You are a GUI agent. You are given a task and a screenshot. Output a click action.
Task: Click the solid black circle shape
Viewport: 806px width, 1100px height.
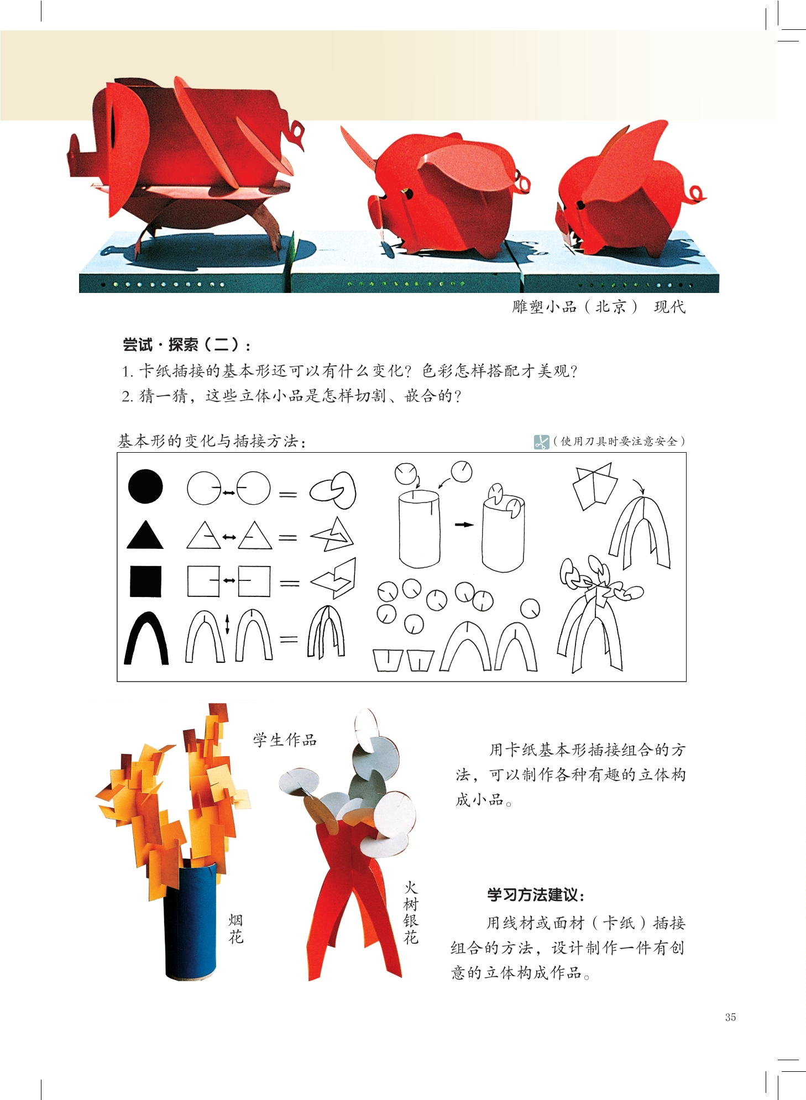pos(145,486)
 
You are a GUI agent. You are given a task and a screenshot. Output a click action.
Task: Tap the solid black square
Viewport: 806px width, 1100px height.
pos(145,582)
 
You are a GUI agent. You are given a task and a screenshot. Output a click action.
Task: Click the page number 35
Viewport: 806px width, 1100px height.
pos(730,1017)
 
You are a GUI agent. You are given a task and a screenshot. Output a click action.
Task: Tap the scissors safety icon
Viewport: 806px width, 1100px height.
pos(541,442)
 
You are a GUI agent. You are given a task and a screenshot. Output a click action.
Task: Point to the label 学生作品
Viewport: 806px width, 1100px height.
pos(285,740)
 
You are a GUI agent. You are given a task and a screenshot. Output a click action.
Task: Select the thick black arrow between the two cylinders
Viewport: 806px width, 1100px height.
pos(464,525)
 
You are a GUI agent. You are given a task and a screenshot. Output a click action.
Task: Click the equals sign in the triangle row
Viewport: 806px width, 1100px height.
pos(287,537)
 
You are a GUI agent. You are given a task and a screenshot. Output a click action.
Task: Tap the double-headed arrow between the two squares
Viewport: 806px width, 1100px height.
pos(229,580)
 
